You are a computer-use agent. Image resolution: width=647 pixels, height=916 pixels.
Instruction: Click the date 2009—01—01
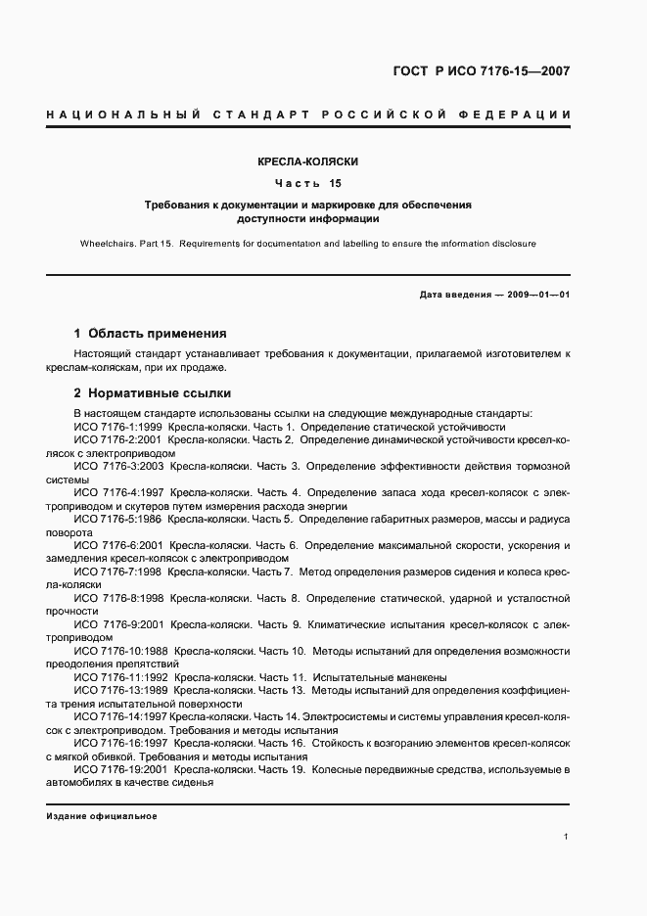click(x=534, y=294)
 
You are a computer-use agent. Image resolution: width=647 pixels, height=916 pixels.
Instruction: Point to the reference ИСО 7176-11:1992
click(x=121, y=677)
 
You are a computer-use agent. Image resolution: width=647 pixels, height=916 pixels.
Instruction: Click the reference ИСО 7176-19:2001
click(x=121, y=770)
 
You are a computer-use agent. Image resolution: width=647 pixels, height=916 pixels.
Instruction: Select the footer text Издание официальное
click(x=101, y=815)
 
